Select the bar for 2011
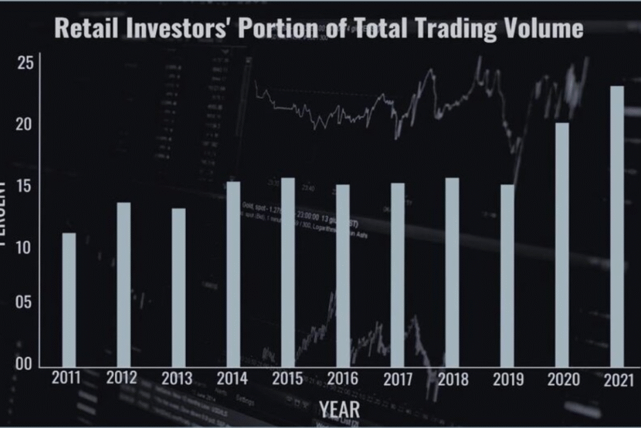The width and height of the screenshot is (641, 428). point(69,300)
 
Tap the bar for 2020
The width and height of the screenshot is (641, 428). point(562,244)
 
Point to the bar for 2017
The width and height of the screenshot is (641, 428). point(398,275)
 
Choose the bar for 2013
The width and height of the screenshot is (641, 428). point(179,287)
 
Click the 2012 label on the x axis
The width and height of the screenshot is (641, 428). point(122,379)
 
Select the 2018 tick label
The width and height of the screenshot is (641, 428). point(453,379)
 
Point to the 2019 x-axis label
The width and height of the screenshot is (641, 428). point(508,379)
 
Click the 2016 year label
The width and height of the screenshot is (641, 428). point(343,379)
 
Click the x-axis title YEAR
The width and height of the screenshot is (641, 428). point(339,409)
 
